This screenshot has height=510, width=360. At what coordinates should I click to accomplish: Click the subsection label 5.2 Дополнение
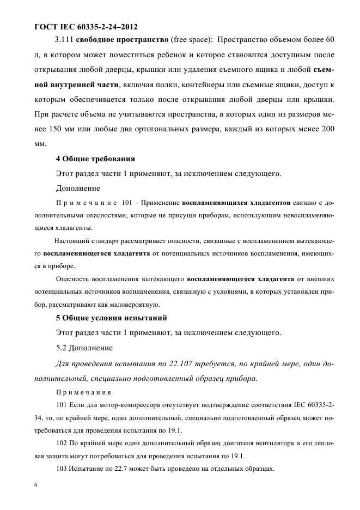click(x=84, y=348)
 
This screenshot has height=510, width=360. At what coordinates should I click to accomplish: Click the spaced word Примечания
click(x=83, y=392)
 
